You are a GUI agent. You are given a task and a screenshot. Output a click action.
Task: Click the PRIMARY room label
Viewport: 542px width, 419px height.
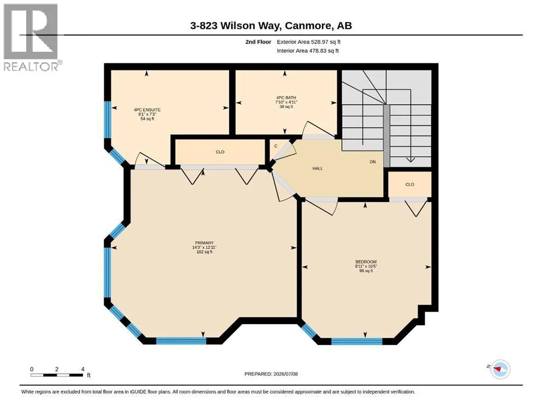tap(204, 243)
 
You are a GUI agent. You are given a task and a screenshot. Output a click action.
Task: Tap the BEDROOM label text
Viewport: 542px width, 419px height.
tap(366, 262)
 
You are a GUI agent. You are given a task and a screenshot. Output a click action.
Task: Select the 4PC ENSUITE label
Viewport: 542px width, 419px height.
tap(147, 110)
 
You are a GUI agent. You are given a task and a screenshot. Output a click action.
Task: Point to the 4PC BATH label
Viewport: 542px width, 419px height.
tap(286, 98)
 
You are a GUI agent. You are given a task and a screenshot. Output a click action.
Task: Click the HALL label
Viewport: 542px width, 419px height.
tap(318, 169)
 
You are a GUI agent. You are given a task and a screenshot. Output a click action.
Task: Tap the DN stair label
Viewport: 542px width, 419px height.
tap(373, 161)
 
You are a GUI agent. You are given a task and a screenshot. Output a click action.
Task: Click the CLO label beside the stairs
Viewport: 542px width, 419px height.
tap(409, 184)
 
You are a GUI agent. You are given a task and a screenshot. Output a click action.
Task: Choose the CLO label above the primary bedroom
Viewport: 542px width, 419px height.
tap(220, 152)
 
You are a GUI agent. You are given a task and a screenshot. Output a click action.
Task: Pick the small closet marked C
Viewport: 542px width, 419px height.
tap(276, 146)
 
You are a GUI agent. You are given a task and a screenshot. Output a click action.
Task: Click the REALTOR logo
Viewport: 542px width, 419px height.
tap(31, 37)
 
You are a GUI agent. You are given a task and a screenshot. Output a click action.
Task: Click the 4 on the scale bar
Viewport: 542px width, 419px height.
tap(83, 369)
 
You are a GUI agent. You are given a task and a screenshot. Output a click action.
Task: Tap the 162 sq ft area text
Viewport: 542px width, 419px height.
tap(204, 252)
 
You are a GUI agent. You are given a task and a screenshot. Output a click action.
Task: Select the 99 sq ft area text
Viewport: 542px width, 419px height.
tap(366, 271)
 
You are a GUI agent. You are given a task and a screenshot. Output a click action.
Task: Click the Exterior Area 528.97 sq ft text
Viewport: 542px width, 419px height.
tap(309, 42)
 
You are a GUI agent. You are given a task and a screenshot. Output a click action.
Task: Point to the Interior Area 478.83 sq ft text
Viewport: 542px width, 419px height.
tap(308, 51)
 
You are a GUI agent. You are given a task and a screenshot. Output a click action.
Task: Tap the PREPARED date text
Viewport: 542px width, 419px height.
tap(271, 374)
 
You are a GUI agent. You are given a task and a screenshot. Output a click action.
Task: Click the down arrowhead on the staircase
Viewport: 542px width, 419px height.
tap(410, 160)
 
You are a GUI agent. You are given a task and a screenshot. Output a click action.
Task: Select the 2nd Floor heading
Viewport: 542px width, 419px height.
tap(258, 42)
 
